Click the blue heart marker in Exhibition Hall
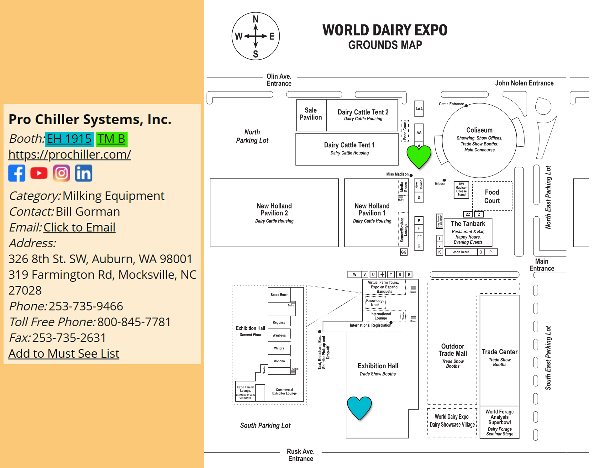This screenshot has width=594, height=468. pos(359,407)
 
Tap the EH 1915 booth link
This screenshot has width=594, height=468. pos(69,139)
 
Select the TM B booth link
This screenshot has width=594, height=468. pos(111,139)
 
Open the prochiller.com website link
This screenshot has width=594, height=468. pos(70,154)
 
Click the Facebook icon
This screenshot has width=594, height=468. pos(17,173)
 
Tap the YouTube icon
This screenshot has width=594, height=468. pos(39,173)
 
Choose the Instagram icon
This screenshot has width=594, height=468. pos(61,173)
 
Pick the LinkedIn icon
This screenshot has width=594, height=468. pos(84,173)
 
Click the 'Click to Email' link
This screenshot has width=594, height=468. pos(79,227)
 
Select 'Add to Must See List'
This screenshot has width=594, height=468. pos(64,354)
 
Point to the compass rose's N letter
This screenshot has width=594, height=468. pos(256,19)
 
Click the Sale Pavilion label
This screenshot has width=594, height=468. pos(311,114)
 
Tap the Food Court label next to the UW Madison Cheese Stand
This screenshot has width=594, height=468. pos(492,196)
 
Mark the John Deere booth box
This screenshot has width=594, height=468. pos(461,252)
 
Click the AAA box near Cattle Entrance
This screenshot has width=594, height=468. pos(419,109)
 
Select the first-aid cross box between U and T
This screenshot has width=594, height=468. pos(382,275)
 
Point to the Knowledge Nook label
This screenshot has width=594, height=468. pos(375,302)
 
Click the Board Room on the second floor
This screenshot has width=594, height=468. pos(279,295)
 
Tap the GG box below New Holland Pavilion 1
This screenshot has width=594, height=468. pos(404,252)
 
